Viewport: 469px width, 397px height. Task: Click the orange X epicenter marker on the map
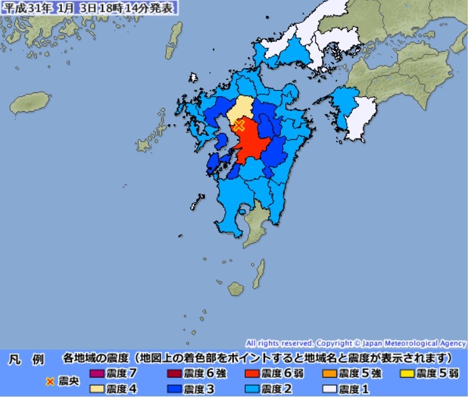pyautogui.click(x=238, y=125)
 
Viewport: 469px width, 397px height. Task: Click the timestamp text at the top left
pyautogui.click(x=89, y=8)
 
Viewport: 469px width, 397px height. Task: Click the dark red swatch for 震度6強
pyautogui.click(x=174, y=374)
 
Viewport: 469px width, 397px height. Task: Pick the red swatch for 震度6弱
pyautogui.click(x=252, y=374)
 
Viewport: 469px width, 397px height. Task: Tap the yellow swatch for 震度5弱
pyautogui.click(x=407, y=374)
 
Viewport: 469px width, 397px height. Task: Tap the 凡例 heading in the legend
pyautogui.click(x=26, y=360)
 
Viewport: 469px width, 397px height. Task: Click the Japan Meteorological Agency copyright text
pyautogui.click(x=356, y=343)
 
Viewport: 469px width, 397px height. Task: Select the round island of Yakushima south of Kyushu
pyautogui.click(x=236, y=288)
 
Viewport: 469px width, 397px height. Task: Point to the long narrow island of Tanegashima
pyautogui.click(x=258, y=273)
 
